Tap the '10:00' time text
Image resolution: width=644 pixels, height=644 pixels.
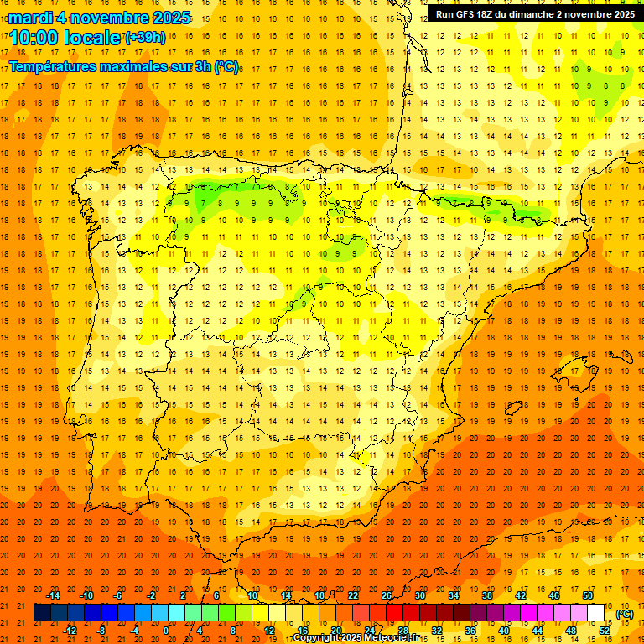click(34, 38)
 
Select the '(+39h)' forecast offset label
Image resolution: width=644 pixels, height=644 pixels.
click(145, 37)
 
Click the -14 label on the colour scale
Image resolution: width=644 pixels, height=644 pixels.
click(53, 595)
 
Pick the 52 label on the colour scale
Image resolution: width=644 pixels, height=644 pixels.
click(605, 630)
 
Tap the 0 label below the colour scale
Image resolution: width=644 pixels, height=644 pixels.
click(166, 630)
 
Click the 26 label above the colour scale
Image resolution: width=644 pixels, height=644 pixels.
click(387, 595)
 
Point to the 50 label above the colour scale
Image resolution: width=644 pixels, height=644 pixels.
click(588, 595)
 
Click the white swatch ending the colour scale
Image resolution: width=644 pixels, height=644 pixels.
click(596, 613)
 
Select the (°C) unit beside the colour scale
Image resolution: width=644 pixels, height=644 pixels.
click(624, 613)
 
